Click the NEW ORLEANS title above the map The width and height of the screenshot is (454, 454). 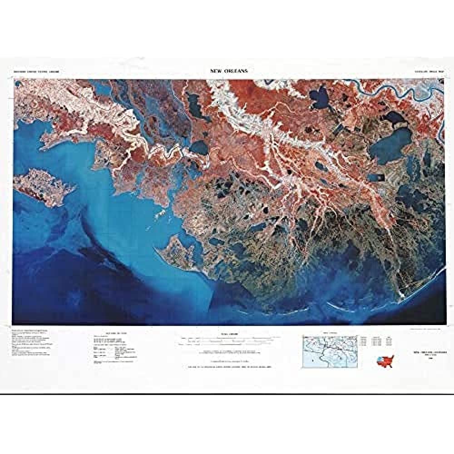point(229,71)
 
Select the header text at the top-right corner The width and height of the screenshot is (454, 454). point(423,72)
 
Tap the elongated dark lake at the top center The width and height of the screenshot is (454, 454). point(197,105)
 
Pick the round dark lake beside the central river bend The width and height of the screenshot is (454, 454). point(199,147)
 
